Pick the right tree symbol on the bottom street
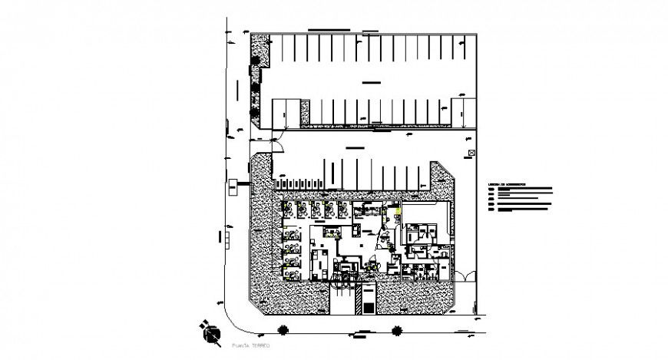[397, 331]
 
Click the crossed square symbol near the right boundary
[472, 154]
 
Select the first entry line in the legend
[522, 190]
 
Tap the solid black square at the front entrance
[369, 308]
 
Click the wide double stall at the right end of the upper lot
[464, 111]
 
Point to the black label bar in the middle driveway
[356, 147]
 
